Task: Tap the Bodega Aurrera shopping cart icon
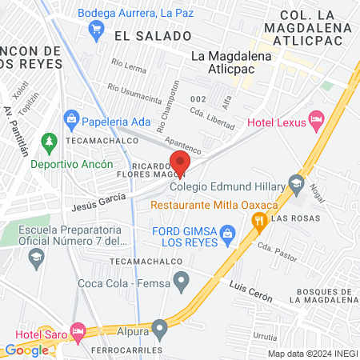point(97,30)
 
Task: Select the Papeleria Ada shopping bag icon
point(71,122)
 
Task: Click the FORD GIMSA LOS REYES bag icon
point(229,234)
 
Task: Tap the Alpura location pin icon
point(160,326)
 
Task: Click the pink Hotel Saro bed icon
point(78,330)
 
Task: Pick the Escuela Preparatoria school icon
point(35,257)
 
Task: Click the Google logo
point(26,350)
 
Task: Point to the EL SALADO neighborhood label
point(153,36)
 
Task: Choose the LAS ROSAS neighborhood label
point(295,218)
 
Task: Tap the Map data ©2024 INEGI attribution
point(312,354)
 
